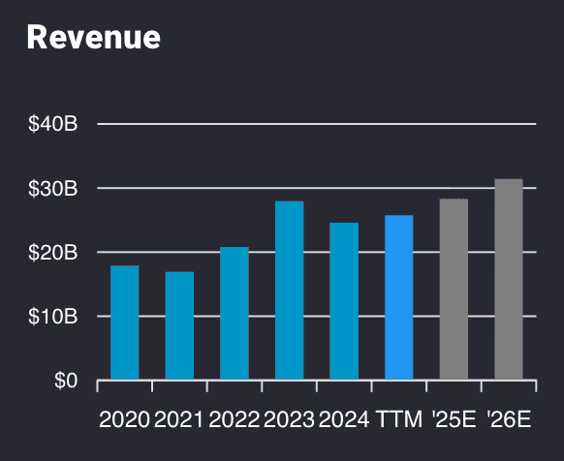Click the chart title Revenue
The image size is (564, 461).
click(x=93, y=38)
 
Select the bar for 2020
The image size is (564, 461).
click(x=124, y=323)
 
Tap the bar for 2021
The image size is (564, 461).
click(x=179, y=325)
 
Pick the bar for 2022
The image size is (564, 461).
click(x=234, y=313)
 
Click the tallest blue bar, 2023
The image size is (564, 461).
click(x=289, y=291)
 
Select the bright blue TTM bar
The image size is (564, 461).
click(x=398, y=297)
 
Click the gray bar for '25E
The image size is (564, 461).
click(x=454, y=289)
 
